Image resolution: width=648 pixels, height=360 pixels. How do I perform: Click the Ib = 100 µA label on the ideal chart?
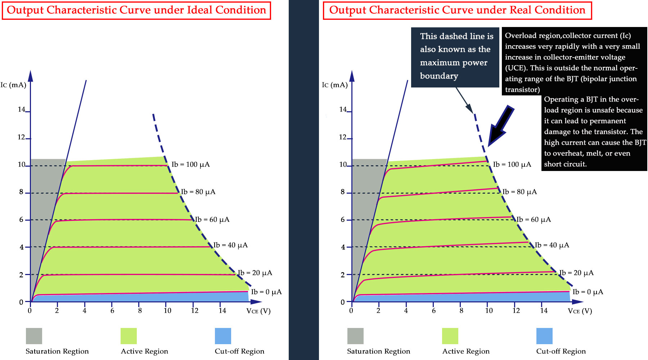tap(190, 165)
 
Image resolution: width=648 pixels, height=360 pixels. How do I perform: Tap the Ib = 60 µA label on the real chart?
tap(534, 220)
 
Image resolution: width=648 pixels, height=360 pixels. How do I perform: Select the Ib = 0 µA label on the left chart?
tap(266, 292)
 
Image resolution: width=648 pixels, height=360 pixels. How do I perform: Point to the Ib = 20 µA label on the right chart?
tap(576, 273)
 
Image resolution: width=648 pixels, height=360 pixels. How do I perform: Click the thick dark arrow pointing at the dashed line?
tap(501, 126)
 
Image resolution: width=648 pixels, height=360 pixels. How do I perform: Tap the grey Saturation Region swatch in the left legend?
tap(34, 336)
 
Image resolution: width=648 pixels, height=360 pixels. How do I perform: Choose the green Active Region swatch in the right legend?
tap(450, 336)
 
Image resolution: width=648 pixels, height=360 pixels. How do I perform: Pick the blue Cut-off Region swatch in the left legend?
tap(223, 336)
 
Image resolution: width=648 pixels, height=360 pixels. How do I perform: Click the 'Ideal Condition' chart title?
tap(136, 10)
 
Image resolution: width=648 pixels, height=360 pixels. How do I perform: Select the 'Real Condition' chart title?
tap(457, 10)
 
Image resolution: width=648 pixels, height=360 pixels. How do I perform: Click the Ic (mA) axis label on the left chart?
tap(13, 85)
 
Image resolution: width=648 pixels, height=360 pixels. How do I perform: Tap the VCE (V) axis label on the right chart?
tap(580, 311)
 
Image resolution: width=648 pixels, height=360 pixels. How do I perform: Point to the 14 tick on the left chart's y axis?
tap(22, 109)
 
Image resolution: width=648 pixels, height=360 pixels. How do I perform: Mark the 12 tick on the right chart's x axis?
tap(516, 310)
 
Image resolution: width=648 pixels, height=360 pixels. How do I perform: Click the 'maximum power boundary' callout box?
tap(455, 56)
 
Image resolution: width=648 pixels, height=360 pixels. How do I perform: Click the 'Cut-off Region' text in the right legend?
tap(561, 351)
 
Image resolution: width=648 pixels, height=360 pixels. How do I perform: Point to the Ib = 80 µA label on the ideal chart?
tap(198, 192)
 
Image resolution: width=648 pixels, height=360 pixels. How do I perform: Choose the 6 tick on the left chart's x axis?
tap(112, 310)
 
